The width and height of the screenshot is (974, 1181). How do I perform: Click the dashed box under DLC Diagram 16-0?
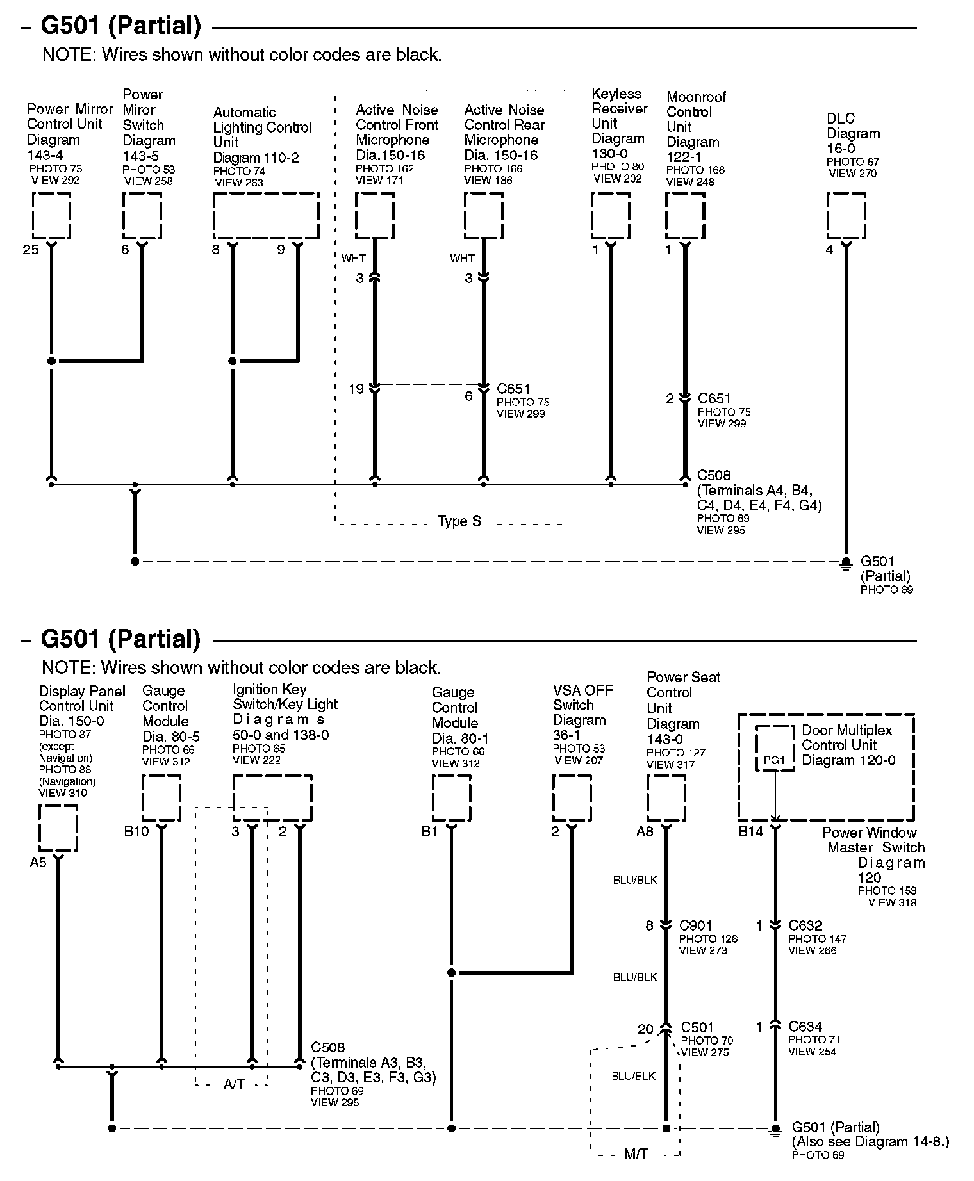pos(846,216)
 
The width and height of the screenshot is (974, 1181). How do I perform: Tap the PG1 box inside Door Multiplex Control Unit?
pos(774,748)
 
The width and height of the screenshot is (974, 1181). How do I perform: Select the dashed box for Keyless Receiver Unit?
pos(611,216)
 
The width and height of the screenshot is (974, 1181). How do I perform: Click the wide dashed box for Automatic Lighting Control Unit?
pos(266,216)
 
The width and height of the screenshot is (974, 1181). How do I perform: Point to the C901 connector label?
pos(695,925)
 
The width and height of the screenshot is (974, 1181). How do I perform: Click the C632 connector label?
pos(805,925)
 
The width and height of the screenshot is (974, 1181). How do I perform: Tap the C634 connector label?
pos(805,1027)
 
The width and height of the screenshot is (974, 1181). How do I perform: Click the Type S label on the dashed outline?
pos(459,521)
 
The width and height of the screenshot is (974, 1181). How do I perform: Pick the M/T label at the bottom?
pos(636,1154)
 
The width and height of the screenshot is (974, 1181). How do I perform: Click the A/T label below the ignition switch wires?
pos(234,1084)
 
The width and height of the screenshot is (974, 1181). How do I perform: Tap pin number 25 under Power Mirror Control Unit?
pos(31,250)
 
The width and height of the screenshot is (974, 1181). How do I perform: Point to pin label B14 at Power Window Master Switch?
pos(751,831)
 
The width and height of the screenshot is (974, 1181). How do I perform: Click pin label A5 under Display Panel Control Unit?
pos(38,862)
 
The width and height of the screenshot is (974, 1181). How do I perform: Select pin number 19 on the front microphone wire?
pos(356,389)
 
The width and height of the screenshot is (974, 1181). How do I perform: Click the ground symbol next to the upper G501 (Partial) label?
pos(846,562)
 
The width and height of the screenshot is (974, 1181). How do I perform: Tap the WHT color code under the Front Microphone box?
pos(354,258)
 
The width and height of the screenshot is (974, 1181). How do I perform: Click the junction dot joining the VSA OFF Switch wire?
pos(452,973)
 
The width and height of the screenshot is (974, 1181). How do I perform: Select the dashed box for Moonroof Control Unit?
pos(685,216)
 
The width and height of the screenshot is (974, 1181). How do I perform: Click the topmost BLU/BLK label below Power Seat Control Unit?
pos(635,880)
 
